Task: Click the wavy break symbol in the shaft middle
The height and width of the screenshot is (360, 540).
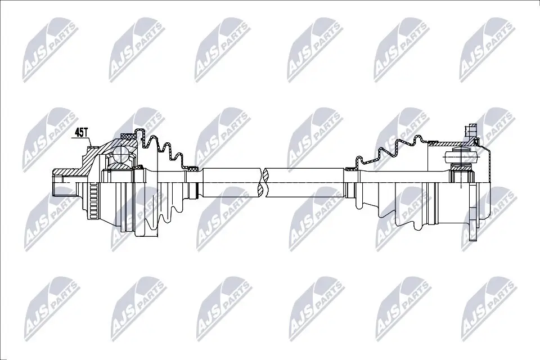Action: tap(263, 182)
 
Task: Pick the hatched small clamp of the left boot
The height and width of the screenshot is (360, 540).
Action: tap(192, 168)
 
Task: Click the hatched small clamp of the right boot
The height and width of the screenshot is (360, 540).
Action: tap(350, 168)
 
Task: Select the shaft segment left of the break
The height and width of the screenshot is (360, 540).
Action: tap(231, 182)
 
